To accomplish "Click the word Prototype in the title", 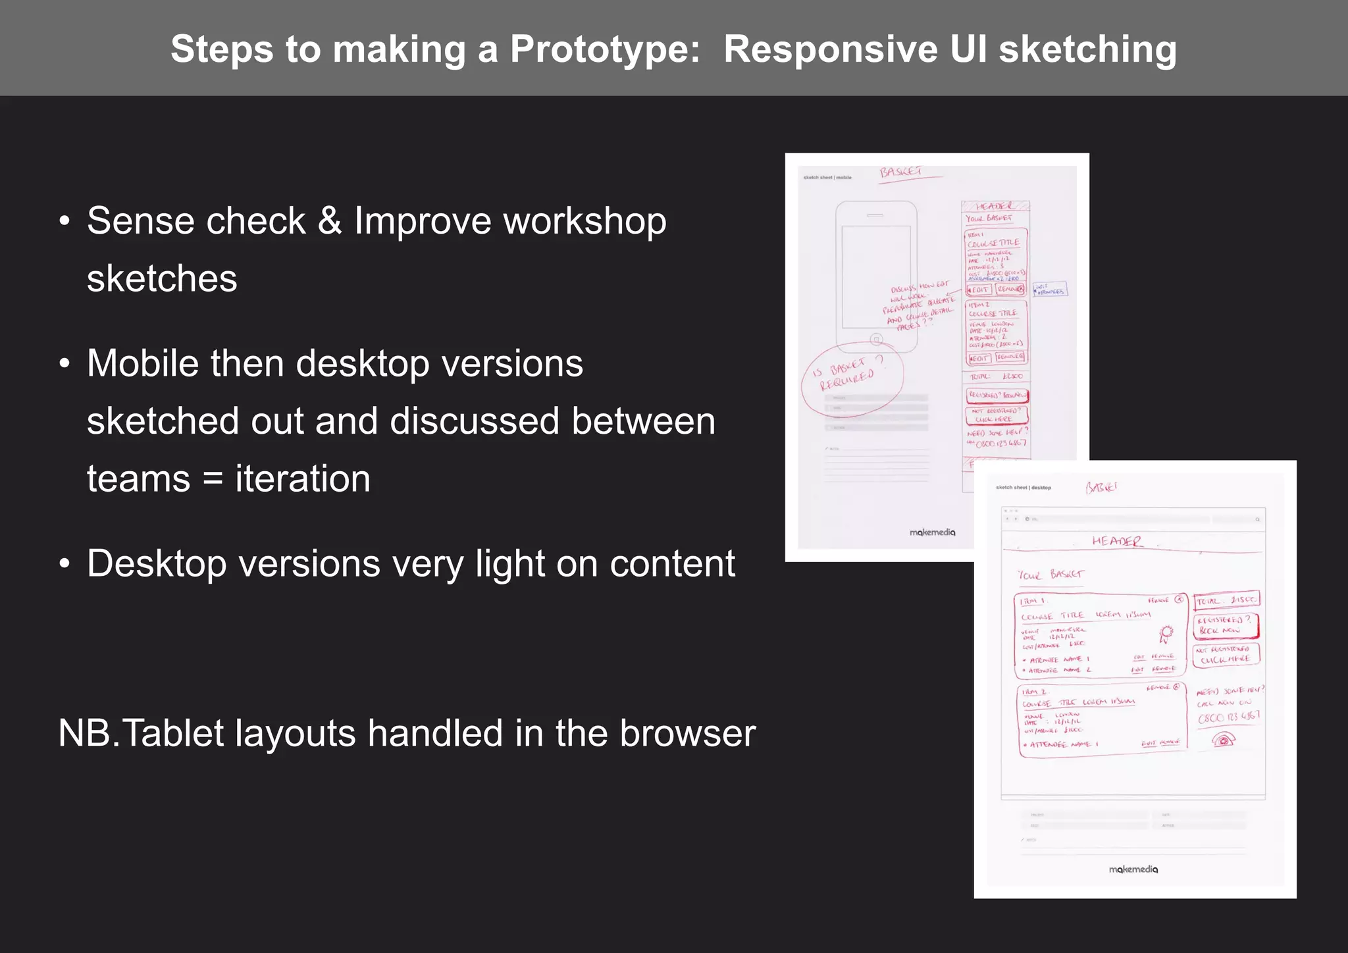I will pos(605,49).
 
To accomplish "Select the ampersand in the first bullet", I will pos(329,220).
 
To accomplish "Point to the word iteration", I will pos(303,478).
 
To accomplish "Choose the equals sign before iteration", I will pos(213,480).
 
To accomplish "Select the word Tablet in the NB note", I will pos(174,733).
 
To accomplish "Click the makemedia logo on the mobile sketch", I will pos(932,532).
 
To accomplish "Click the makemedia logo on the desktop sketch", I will pos(1133,869).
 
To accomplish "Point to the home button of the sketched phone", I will pos(876,340).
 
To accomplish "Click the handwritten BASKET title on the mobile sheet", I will pos(901,172).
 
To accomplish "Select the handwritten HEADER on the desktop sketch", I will pos(1117,541).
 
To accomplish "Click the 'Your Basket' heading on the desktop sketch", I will pos(1050,575).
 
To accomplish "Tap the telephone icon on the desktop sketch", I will pos(1224,740).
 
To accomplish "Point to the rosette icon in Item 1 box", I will pos(1166,634).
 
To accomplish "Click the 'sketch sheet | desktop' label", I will pos(1024,488).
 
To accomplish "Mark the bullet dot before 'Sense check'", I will pos(64,222).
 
